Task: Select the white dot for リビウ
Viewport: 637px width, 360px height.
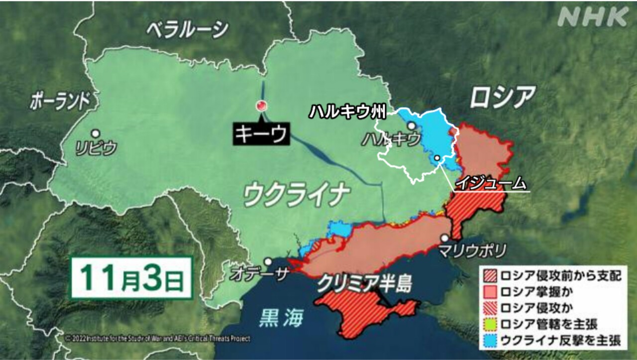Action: pyautogui.click(x=95, y=133)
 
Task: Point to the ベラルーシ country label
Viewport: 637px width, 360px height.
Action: pyautogui.click(x=187, y=30)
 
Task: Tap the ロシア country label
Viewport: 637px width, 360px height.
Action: pyautogui.click(x=503, y=97)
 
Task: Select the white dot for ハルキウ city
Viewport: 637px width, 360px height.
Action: pyautogui.click(x=412, y=125)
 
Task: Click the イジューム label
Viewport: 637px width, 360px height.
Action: pyautogui.click(x=491, y=183)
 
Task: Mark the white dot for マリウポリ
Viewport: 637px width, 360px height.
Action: pyautogui.click(x=444, y=238)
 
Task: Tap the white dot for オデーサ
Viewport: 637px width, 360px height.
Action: pyautogui.click(x=268, y=261)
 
